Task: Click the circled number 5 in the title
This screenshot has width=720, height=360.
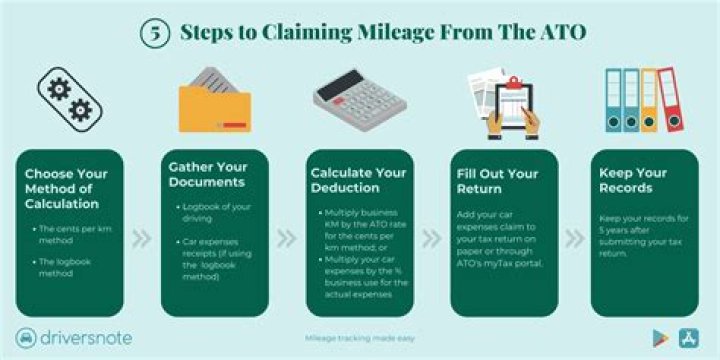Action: click(153, 32)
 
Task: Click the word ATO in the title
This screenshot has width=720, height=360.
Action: click(561, 32)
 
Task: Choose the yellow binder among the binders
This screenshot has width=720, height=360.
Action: click(648, 100)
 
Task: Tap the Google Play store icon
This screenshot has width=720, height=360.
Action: click(659, 337)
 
